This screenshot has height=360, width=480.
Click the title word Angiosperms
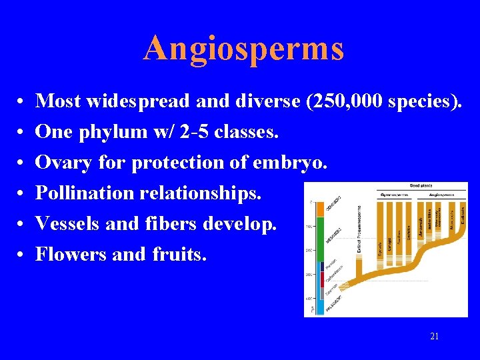(x=243, y=48)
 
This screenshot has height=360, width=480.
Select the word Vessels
(x=67, y=223)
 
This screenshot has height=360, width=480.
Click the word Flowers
(x=68, y=254)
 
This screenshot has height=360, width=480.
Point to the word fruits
(x=173, y=254)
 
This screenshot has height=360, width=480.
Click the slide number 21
(x=435, y=336)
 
